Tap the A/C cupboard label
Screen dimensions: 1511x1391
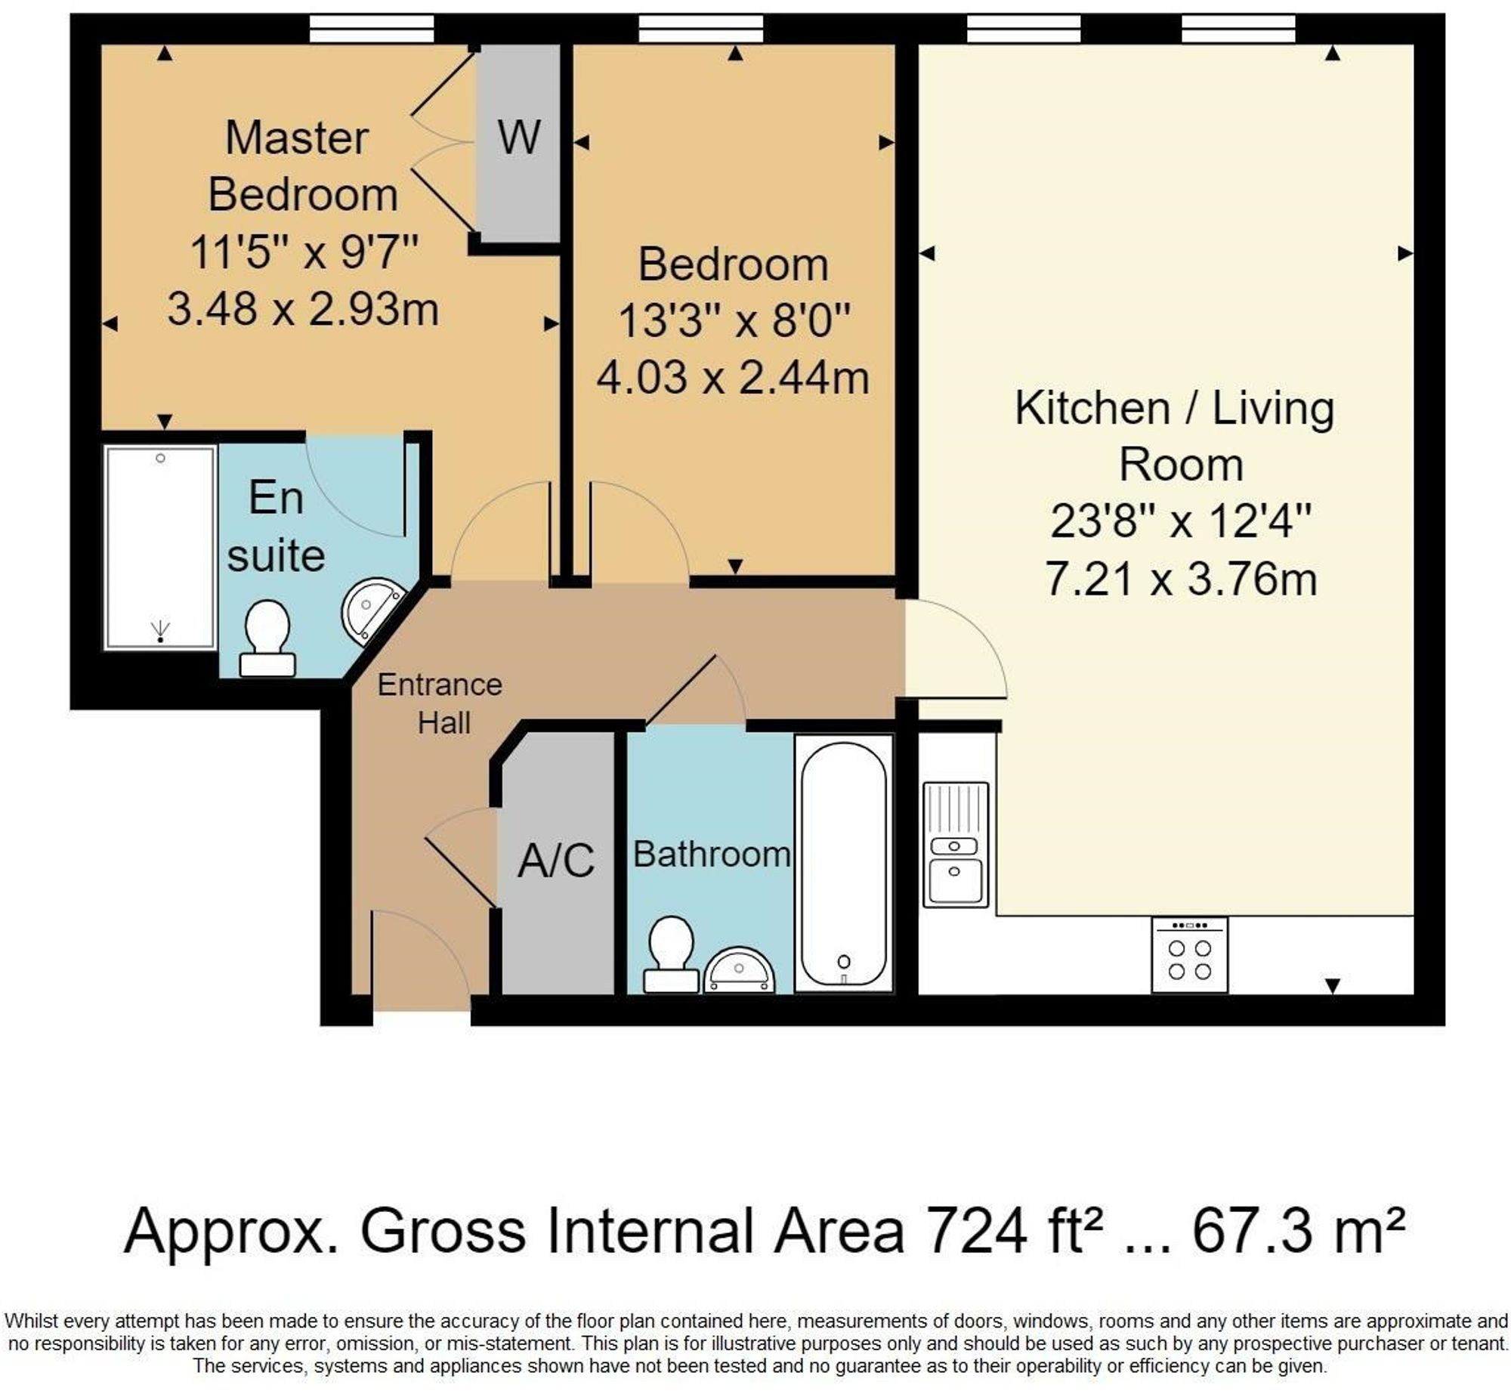point(556,860)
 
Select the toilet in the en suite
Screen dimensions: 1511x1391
point(267,638)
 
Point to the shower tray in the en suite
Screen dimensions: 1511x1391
point(160,548)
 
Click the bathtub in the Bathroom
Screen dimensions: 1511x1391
point(844,864)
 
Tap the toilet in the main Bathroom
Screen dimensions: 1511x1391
point(670,954)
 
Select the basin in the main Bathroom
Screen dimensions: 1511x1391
point(740,972)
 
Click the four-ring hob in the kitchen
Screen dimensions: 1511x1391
point(1190,955)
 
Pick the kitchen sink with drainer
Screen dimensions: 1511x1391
point(956,844)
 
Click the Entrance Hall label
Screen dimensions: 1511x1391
point(440,703)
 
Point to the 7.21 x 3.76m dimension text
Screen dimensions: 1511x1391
point(1181,579)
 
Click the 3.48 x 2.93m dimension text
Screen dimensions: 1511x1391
point(303,309)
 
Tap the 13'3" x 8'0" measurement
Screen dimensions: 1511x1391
point(734,320)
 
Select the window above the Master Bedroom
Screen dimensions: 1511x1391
point(372,29)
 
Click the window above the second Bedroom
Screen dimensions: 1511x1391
point(701,29)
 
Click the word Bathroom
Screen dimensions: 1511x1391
point(712,855)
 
